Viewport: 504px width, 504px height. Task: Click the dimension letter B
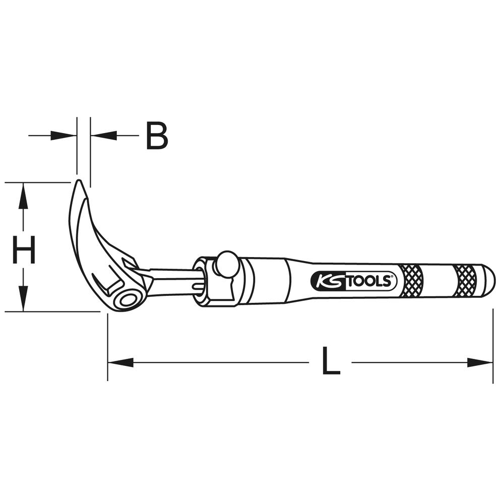(157, 136)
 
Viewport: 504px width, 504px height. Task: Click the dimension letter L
(331, 361)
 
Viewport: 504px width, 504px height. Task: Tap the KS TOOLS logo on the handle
(354, 281)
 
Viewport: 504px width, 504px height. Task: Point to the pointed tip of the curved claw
(78, 180)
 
